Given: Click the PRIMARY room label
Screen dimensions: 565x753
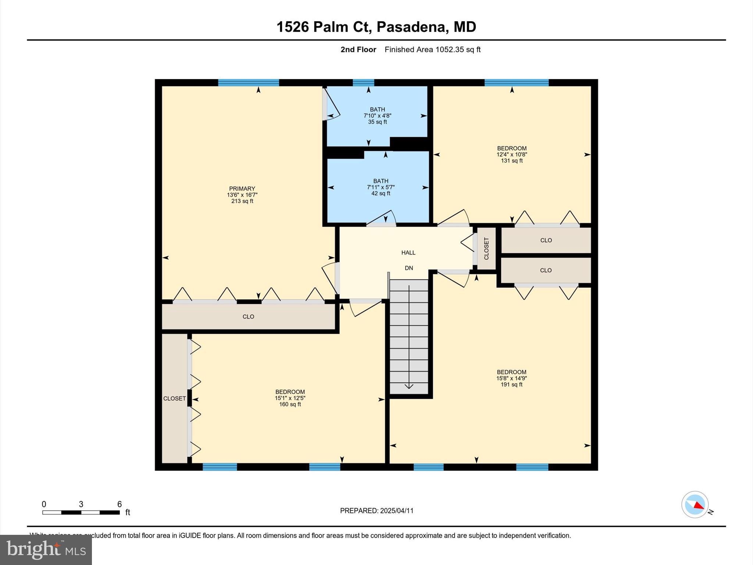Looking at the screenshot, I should tap(242, 188).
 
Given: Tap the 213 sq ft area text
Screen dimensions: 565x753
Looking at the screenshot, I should tap(242, 201).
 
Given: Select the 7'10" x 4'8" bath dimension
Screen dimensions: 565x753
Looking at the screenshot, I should tap(377, 116).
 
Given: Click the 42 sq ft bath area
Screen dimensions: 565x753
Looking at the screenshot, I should tap(381, 193).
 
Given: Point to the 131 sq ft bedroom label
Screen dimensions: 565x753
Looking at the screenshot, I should tap(511, 161).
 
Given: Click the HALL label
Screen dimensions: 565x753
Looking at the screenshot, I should tap(408, 253).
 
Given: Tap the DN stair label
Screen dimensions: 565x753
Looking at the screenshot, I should tap(409, 268).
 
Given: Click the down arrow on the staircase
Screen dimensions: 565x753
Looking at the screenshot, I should tap(409, 385).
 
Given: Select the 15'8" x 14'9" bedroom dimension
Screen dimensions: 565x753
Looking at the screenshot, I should tap(511, 378).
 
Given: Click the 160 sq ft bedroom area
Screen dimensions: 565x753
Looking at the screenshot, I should tap(290, 404).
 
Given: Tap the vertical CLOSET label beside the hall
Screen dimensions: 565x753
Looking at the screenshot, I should tap(486, 249).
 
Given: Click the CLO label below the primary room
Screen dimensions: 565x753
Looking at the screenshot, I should tap(248, 317).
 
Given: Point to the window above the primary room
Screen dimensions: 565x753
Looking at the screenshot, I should tap(249, 82).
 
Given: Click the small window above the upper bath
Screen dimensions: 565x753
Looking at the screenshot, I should tap(363, 82).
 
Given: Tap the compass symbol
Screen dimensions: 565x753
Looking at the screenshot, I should tap(695, 505).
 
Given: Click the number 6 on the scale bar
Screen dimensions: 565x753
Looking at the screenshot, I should tap(119, 504).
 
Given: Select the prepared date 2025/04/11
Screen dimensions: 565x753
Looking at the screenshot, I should tap(397, 511).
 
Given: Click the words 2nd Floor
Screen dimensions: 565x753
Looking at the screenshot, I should tap(358, 50).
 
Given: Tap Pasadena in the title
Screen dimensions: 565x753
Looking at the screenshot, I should tap(411, 27).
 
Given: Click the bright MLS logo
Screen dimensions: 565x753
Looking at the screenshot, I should tap(46, 550).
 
